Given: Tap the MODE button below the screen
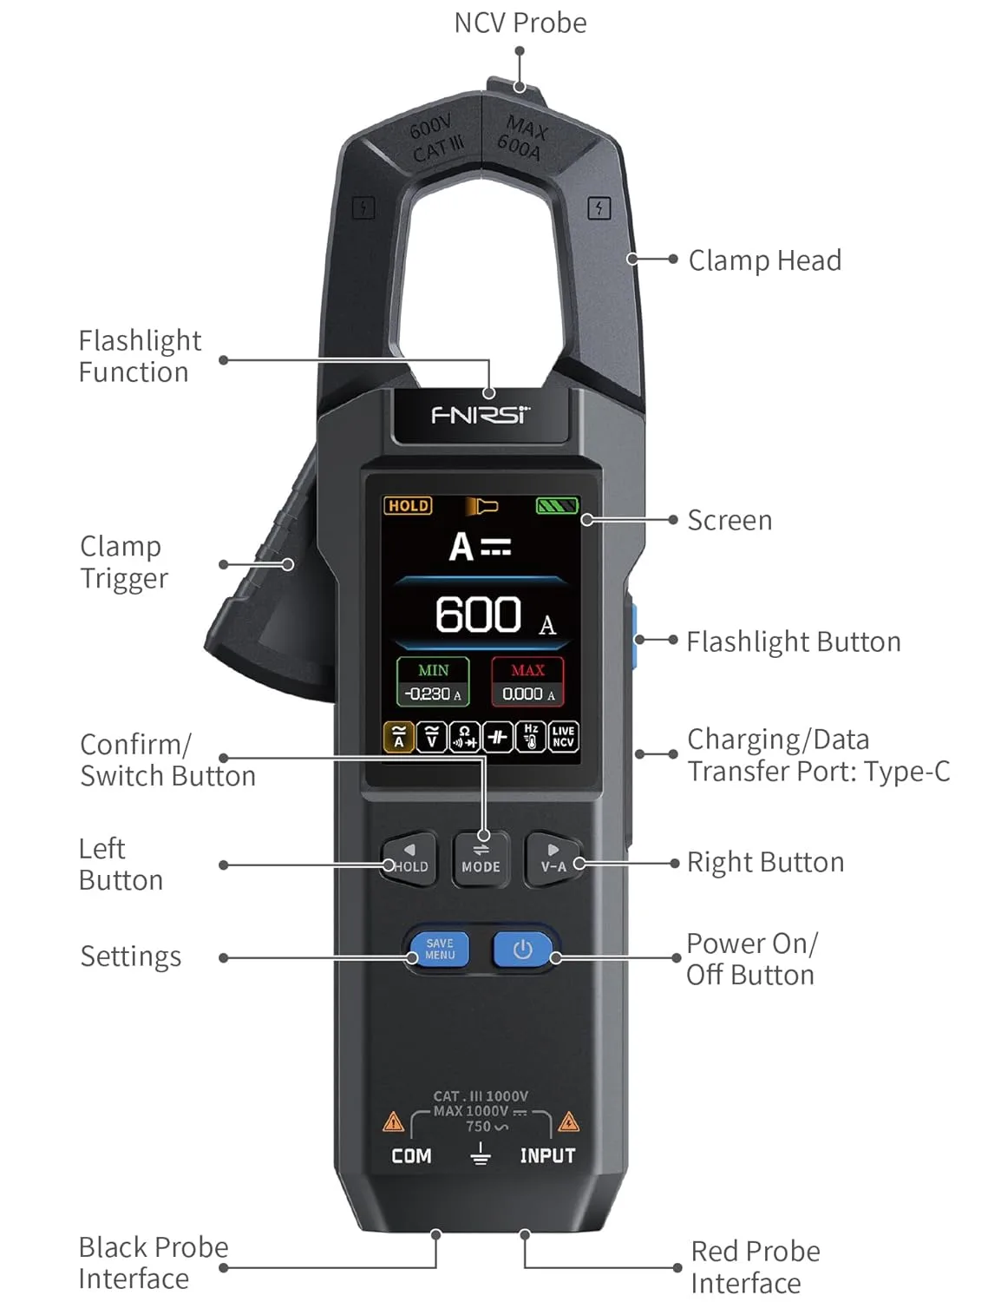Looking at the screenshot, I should click(481, 858).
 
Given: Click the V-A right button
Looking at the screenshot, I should click(553, 858).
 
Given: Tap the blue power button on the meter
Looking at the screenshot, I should click(522, 950).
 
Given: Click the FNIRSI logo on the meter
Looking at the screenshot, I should click(481, 415).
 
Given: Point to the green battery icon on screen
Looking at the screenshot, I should click(557, 505).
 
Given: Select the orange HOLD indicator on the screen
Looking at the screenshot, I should click(408, 505).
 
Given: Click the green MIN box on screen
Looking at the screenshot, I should click(433, 681).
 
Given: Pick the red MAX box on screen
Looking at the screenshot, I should click(527, 681).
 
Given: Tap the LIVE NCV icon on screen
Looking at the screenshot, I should click(563, 736).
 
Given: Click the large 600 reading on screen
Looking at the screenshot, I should click(478, 615).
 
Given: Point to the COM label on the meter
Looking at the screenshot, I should click(411, 1156).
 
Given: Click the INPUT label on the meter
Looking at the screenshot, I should click(547, 1156).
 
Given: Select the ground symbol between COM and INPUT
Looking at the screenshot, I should click(480, 1154).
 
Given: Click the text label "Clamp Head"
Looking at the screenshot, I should click(764, 260).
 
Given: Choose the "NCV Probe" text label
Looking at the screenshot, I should click(520, 23).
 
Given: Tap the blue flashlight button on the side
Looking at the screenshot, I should click(634, 640).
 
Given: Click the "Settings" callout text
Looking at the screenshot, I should click(131, 957).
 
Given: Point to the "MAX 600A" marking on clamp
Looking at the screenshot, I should click(522, 139).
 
